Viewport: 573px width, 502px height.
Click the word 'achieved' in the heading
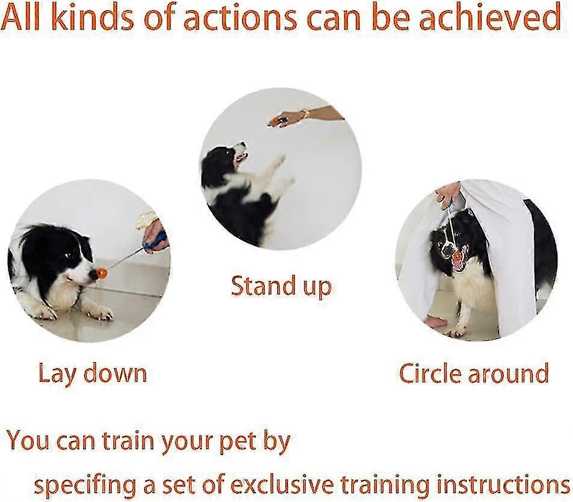tap(490, 17)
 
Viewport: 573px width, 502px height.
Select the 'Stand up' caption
tap(281, 286)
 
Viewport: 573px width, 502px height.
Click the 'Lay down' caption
tap(92, 373)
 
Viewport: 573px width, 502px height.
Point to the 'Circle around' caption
tap(474, 373)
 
